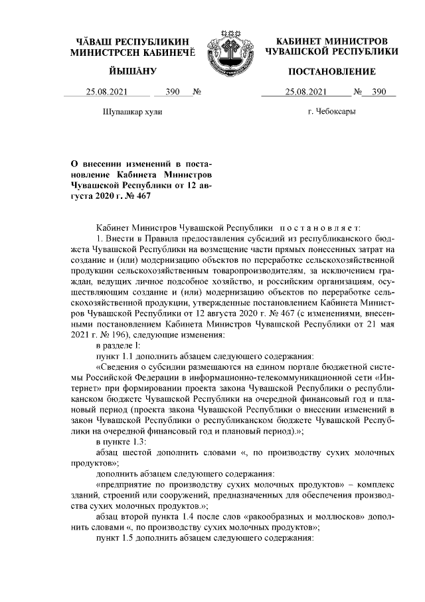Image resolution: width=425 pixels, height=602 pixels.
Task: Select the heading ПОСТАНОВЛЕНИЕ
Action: [x=331, y=71]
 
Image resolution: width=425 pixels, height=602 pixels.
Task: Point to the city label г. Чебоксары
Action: [x=331, y=112]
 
